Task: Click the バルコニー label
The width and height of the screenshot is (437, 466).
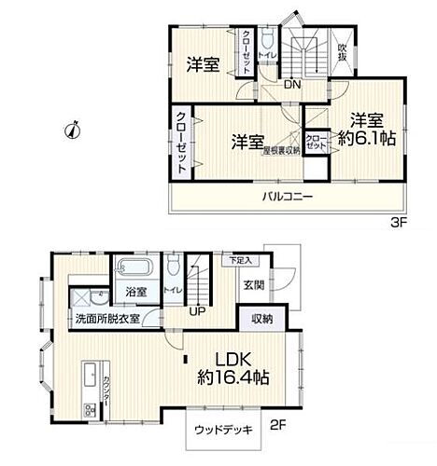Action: click(287, 196)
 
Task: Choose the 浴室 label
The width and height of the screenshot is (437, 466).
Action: click(136, 292)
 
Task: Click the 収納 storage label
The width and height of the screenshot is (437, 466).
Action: click(261, 319)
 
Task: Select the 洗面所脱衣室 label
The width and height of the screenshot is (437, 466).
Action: click(108, 319)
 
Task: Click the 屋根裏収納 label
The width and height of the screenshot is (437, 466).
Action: click(280, 150)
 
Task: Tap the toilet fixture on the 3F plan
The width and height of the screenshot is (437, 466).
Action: click(267, 40)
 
